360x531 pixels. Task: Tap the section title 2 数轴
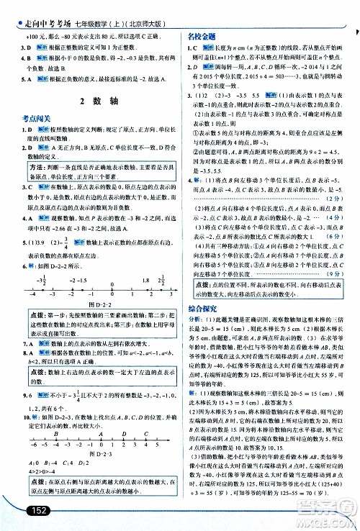[93, 100]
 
